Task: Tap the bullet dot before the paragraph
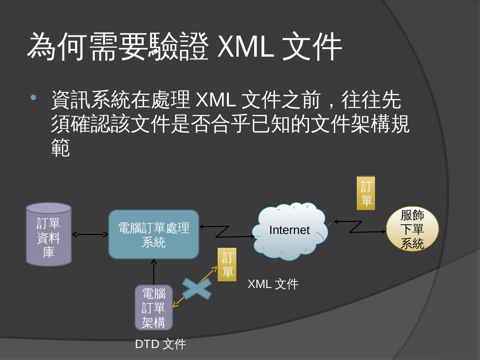pos(33,98)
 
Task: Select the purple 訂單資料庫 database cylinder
pos(49,235)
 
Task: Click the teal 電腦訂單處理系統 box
pos(154,235)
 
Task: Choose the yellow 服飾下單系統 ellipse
pos(412,229)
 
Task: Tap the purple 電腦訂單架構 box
pos(154,308)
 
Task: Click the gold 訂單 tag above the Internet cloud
pos(366,193)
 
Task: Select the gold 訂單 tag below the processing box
pos(227,265)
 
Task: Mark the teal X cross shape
pos(197,289)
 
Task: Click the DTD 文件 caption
pos(160,344)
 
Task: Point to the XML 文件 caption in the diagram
pos(273,284)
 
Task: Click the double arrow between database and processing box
pos(90,234)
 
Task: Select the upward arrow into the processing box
pos(154,272)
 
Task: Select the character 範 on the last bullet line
pos(61,148)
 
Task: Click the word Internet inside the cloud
pos(289,230)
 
